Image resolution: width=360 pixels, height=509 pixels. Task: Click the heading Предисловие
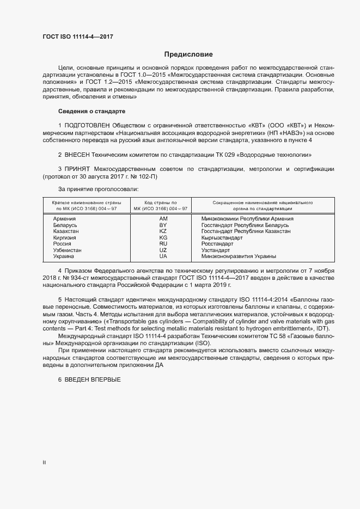click(188, 54)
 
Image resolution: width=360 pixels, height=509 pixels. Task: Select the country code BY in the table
click(162, 225)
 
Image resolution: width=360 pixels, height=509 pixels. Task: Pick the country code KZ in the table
click(162, 231)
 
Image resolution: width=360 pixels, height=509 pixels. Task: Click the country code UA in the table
click(162, 256)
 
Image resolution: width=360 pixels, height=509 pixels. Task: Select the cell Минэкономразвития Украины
click(239, 256)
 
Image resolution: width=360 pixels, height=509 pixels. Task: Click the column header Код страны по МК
click(162, 205)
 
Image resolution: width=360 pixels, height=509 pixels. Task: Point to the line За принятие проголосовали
click(99, 189)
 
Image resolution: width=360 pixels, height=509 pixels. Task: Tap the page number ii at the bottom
click(44, 462)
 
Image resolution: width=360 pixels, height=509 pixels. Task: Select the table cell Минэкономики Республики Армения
click(247, 218)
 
